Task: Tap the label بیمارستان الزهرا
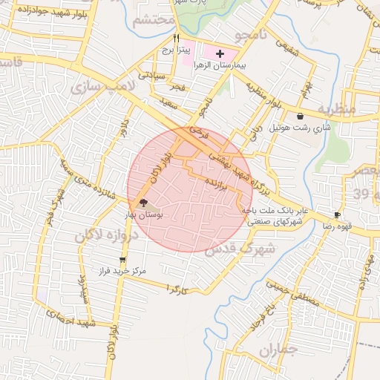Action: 220,65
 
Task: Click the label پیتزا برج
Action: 177,50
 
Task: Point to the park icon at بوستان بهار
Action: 143,202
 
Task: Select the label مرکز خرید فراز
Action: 123,272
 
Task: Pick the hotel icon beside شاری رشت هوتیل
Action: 299,116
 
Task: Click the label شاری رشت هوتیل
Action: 299,128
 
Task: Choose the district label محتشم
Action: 154,20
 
